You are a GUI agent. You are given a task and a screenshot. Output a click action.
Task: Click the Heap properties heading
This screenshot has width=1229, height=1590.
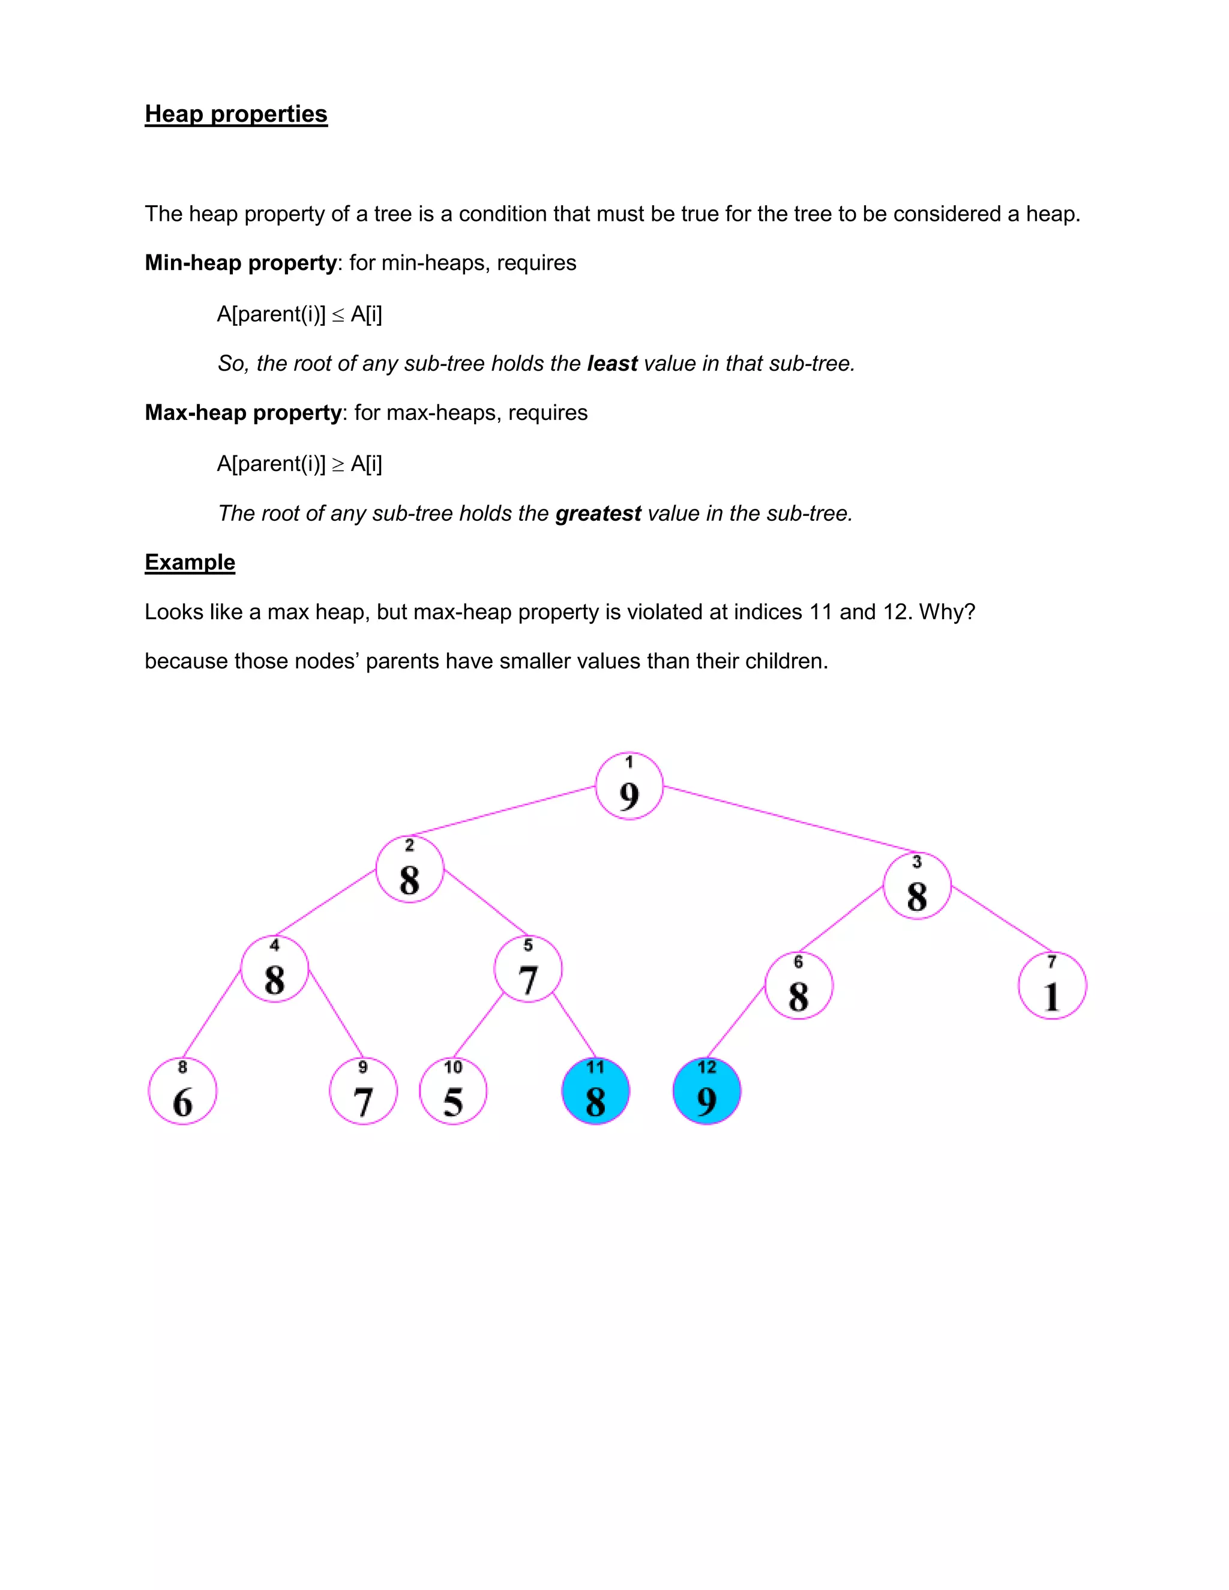[x=236, y=114]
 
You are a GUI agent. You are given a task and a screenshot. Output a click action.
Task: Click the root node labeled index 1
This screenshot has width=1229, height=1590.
[x=629, y=786]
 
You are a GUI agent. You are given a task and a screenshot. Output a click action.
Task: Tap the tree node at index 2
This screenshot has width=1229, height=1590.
[x=410, y=869]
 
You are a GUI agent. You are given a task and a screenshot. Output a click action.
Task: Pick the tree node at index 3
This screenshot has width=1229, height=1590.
[x=917, y=886]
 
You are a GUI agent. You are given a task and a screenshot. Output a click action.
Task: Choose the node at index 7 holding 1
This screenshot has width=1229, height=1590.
[x=1052, y=986]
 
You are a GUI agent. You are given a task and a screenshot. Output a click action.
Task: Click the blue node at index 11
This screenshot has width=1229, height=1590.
[x=595, y=1091]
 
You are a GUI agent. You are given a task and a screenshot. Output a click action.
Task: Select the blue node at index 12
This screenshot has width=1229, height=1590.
[x=707, y=1091]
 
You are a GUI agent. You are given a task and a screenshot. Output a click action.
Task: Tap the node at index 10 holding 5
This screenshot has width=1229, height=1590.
[x=453, y=1091]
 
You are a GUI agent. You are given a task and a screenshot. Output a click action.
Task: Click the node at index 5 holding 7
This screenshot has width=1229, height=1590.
[x=528, y=969]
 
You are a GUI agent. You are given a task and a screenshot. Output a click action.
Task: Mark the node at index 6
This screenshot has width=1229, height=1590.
[x=799, y=986]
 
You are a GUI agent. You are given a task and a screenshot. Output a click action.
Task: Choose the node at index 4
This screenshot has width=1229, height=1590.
[x=274, y=969]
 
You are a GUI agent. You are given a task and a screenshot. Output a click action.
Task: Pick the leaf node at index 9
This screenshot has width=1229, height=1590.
[x=363, y=1091]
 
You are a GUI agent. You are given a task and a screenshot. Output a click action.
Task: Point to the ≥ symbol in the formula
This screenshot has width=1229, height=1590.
[x=338, y=464]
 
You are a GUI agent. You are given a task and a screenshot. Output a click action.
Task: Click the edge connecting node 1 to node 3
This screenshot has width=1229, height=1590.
[x=790, y=819]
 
